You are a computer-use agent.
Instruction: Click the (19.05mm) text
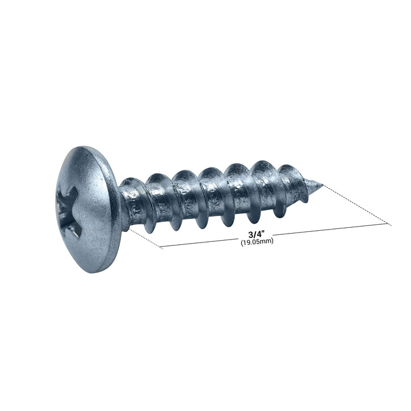click(257, 241)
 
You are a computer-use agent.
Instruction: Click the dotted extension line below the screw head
click(145, 240)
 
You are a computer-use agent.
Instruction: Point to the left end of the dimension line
click(161, 248)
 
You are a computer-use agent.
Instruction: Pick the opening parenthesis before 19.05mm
click(242, 241)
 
